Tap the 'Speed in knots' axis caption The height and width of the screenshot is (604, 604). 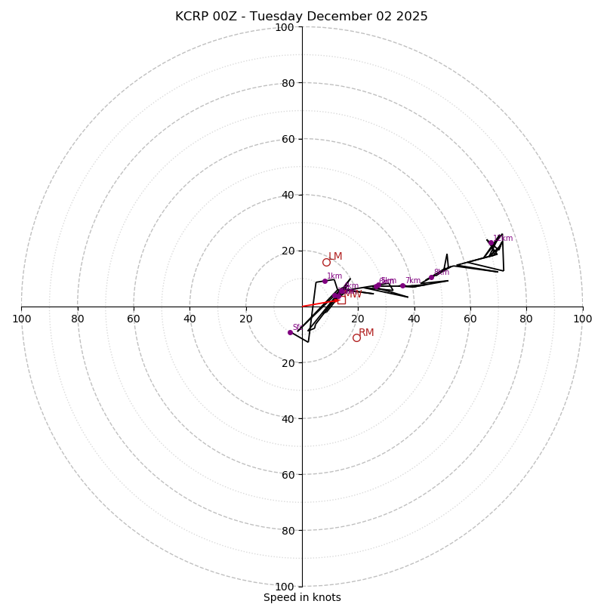302,597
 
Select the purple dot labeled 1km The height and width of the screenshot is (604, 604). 325,281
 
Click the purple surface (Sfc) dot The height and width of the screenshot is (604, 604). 290,332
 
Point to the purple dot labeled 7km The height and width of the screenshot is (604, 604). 402,285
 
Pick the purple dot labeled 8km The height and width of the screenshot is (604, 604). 431,277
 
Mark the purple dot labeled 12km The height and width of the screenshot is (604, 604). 491,243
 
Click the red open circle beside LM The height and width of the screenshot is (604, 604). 326,263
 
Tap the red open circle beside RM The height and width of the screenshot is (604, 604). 356,337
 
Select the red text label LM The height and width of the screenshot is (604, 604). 335,257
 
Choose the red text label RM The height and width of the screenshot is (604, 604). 366,332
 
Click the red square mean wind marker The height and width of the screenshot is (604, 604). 341,300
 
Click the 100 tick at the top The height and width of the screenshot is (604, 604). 285,27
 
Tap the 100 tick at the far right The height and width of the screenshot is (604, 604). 582,319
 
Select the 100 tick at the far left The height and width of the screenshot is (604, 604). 21,319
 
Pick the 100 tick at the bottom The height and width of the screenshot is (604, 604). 285,586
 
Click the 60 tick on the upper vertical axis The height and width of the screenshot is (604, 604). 288,139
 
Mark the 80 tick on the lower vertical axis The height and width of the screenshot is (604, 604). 288,530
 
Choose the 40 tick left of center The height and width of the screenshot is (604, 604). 190,319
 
